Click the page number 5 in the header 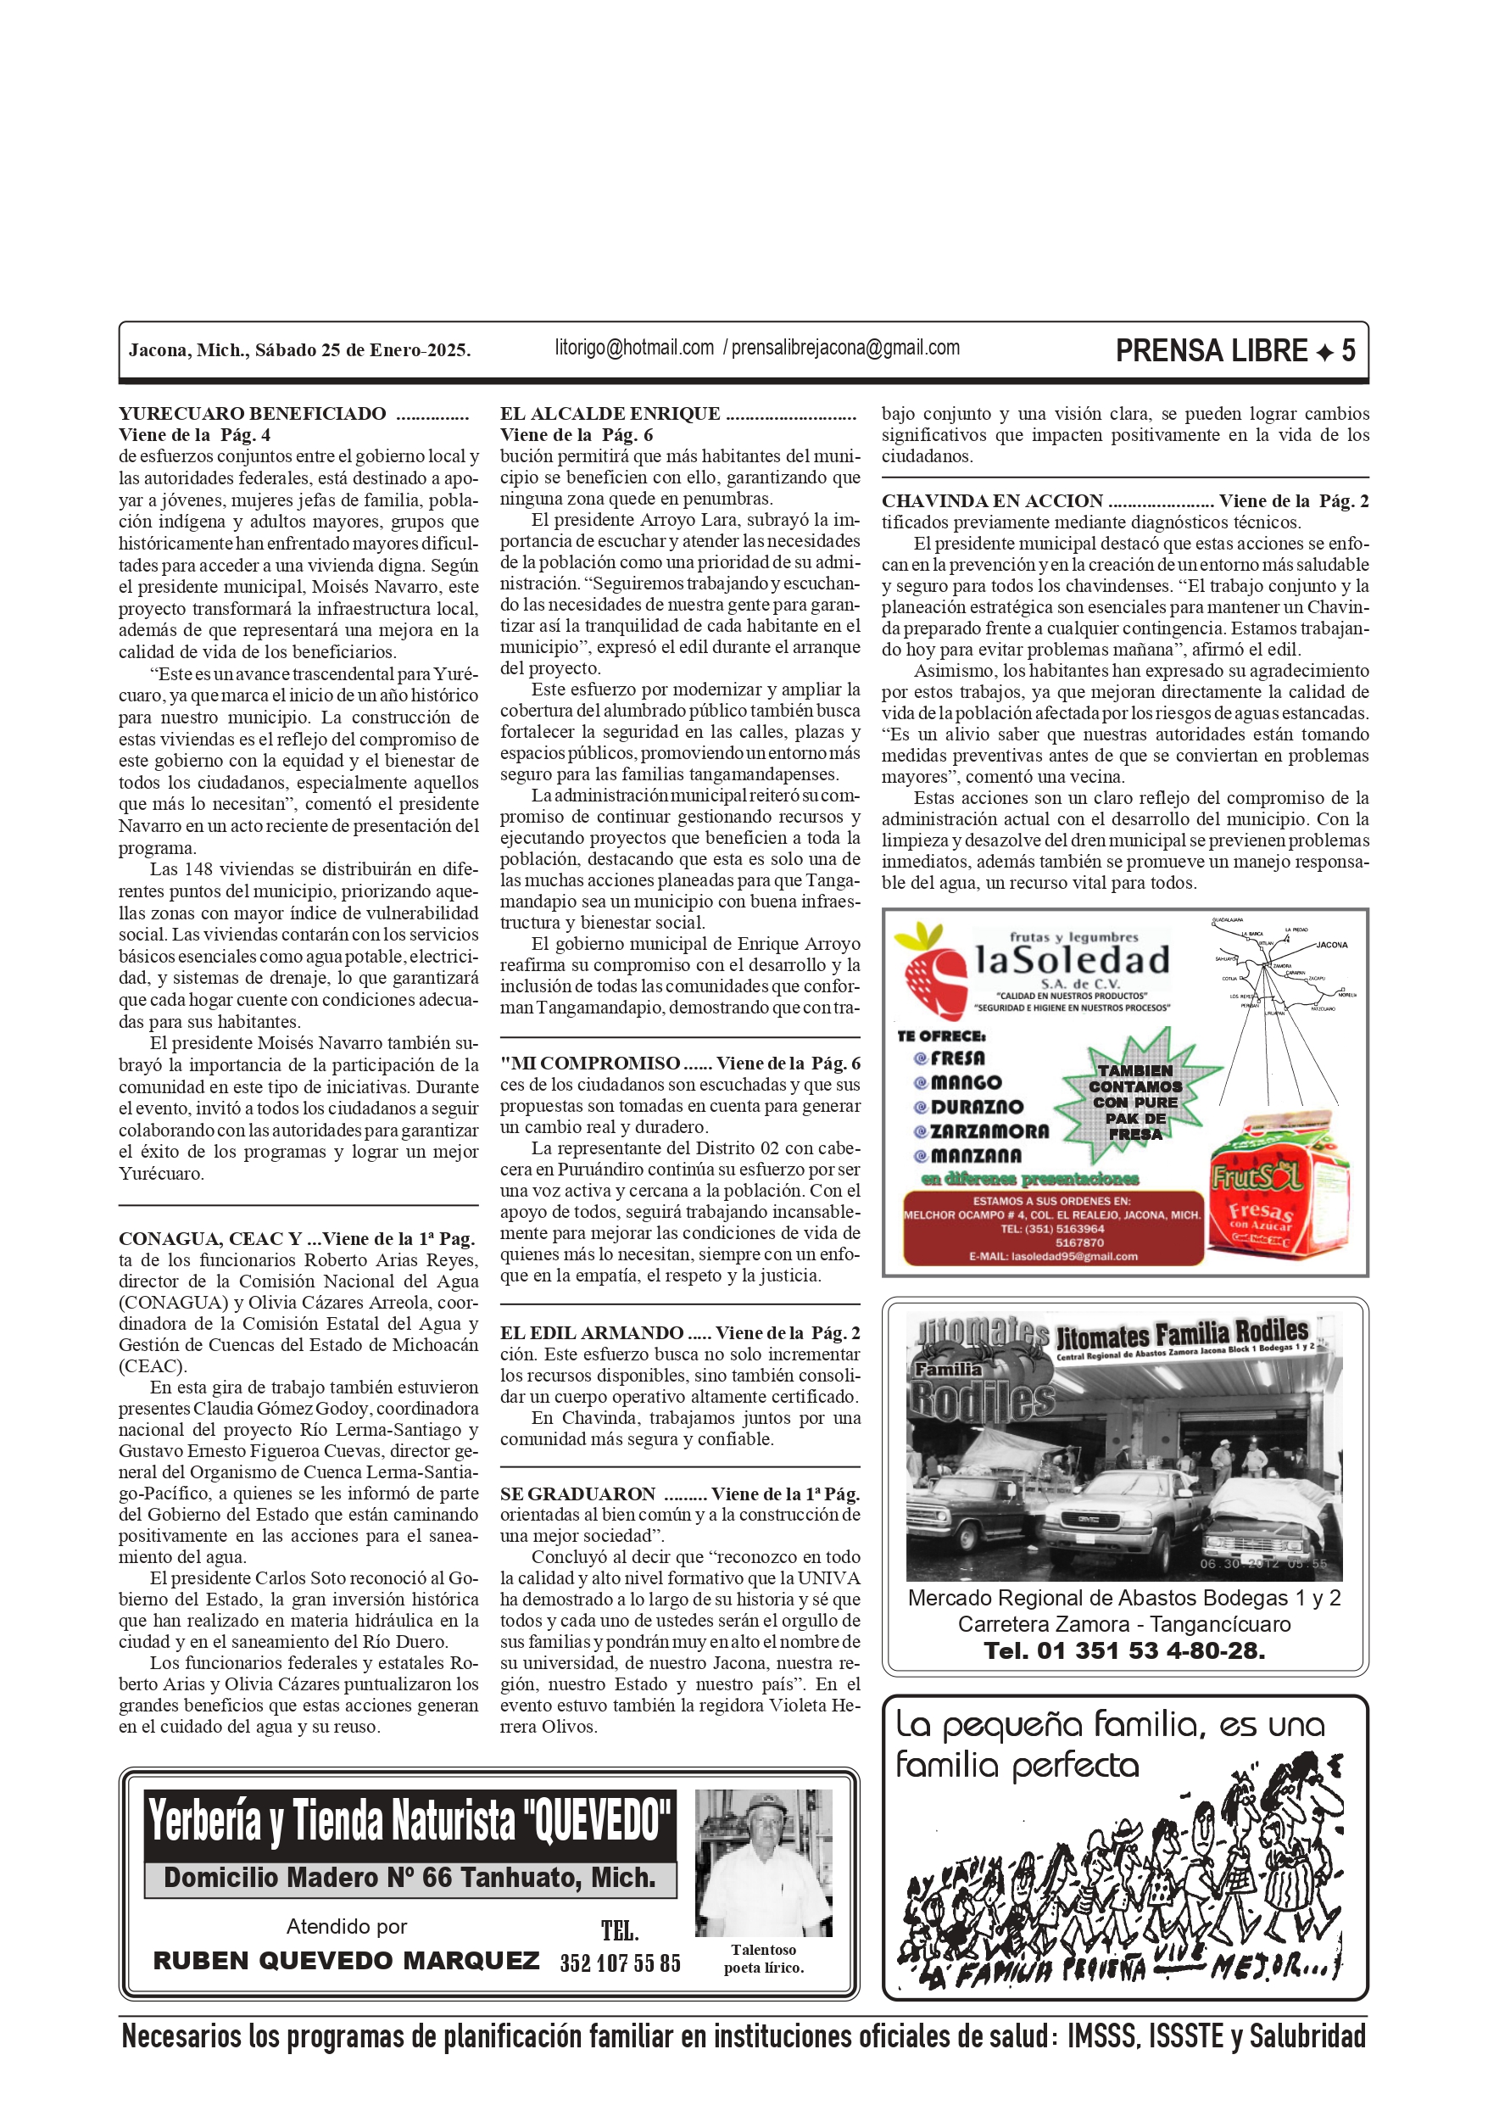point(1348,350)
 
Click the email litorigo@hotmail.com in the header point(633,349)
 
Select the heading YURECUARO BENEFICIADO point(252,414)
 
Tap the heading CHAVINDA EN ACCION point(992,501)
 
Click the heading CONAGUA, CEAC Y point(210,1238)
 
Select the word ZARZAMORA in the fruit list point(989,1131)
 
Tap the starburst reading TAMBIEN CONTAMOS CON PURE point(1135,1100)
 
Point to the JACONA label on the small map point(1331,944)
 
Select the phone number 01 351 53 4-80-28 point(1124,1650)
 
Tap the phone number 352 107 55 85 point(620,1963)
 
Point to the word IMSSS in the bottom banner point(1101,2037)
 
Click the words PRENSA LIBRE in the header point(1211,350)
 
